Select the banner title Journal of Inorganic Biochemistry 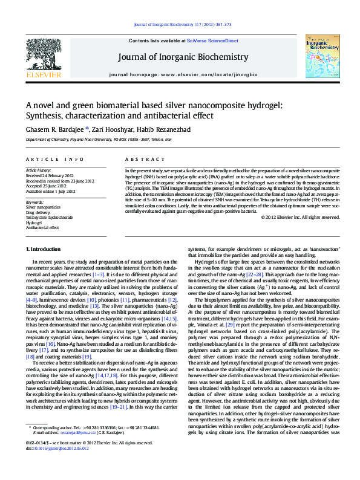point(180,57)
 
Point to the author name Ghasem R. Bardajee point(57,129)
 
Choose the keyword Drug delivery point(38,212)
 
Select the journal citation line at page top point(180,25)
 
